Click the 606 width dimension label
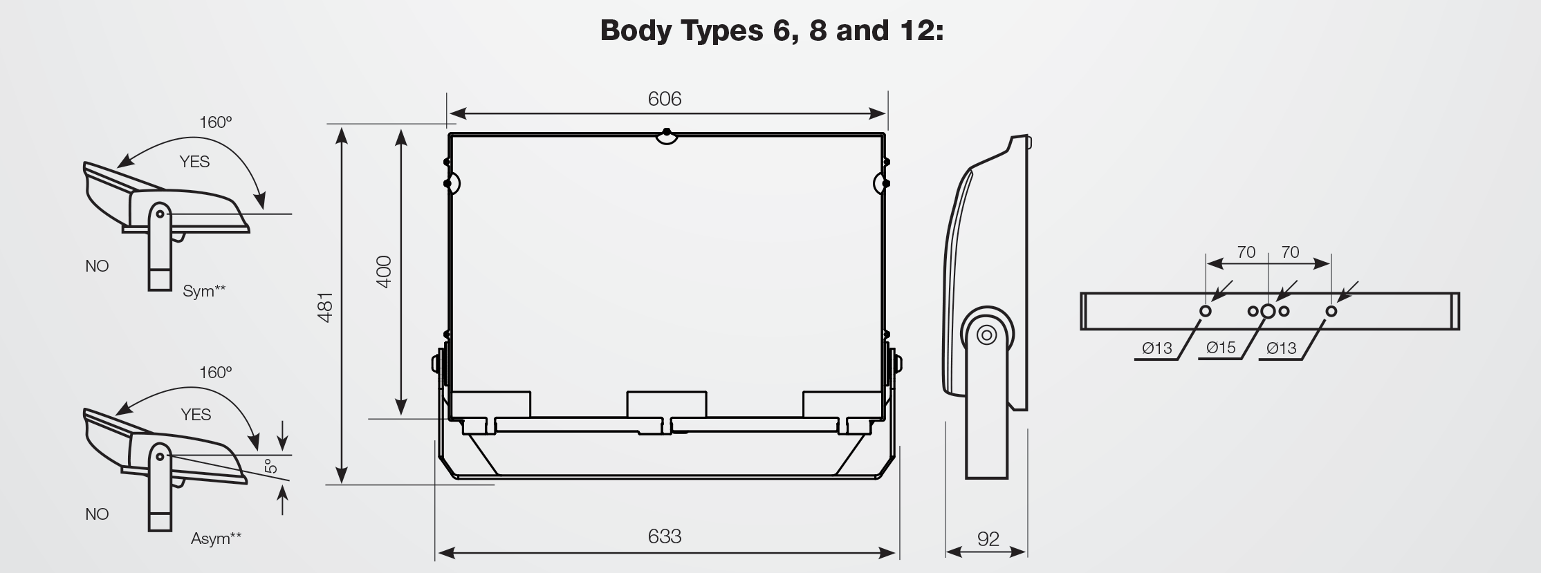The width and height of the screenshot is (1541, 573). click(664, 99)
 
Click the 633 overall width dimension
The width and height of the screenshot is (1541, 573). click(664, 536)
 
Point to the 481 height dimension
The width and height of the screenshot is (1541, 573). click(325, 307)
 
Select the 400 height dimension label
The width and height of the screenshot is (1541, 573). click(385, 272)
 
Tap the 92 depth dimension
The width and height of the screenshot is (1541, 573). click(988, 539)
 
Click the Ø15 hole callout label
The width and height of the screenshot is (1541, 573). click(1221, 348)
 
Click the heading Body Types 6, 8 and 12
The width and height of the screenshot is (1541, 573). click(771, 31)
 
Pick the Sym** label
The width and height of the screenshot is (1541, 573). click(204, 291)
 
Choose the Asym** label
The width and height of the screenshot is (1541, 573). click(216, 538)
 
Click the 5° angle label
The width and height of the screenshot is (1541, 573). click(271, 467)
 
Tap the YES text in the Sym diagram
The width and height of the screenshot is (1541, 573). click(194, 162)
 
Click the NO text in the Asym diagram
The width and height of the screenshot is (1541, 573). click(97, 514)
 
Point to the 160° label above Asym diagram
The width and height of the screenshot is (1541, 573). click(215, 373)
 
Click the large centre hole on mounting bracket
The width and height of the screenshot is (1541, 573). click(1268, 311)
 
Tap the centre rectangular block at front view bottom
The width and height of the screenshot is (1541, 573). click(666, 404)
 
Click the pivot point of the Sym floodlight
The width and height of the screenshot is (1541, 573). click(160, 214)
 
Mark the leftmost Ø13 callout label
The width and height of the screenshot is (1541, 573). click(1156, 348)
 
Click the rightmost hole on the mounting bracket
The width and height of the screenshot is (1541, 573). click(1331, 311)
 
